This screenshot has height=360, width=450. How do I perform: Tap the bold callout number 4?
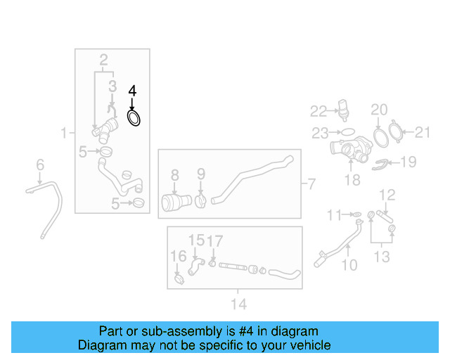132,91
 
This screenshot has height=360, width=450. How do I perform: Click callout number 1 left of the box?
63,132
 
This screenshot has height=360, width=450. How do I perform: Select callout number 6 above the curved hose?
40,165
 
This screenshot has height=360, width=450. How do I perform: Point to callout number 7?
311,185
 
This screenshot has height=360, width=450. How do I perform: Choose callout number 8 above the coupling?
175,174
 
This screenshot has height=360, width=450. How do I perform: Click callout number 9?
200,174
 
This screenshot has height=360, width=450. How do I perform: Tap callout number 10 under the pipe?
349,265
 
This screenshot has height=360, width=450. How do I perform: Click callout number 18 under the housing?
352,180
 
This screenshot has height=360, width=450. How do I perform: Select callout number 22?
319,110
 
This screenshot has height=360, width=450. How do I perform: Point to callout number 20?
379,109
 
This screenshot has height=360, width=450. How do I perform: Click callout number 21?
422,131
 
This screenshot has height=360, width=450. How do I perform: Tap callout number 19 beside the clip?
408,162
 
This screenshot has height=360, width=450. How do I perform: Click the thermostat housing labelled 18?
349,150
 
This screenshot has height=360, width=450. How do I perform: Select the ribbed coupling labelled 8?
172,202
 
